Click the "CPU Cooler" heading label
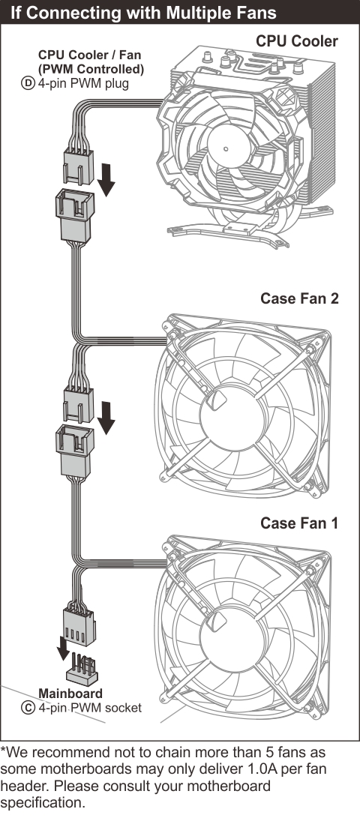click(x=297, y=41)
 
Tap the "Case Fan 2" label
click(x=299, y=298)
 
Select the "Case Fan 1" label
click(x=299, y=523)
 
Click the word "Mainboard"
click(x=70, y=694)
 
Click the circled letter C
click(x=28, y=707)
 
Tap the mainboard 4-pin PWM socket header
click(x=82, y=670)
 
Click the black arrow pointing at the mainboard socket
click(x=63, y=648)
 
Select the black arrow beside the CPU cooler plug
click(x=106, y=179)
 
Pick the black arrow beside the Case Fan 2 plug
click(x=106, y=418)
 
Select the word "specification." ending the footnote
click(x=43, y=803)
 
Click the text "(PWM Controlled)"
click(x=91, y=70)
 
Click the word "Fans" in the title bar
click(x=256, y=13)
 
